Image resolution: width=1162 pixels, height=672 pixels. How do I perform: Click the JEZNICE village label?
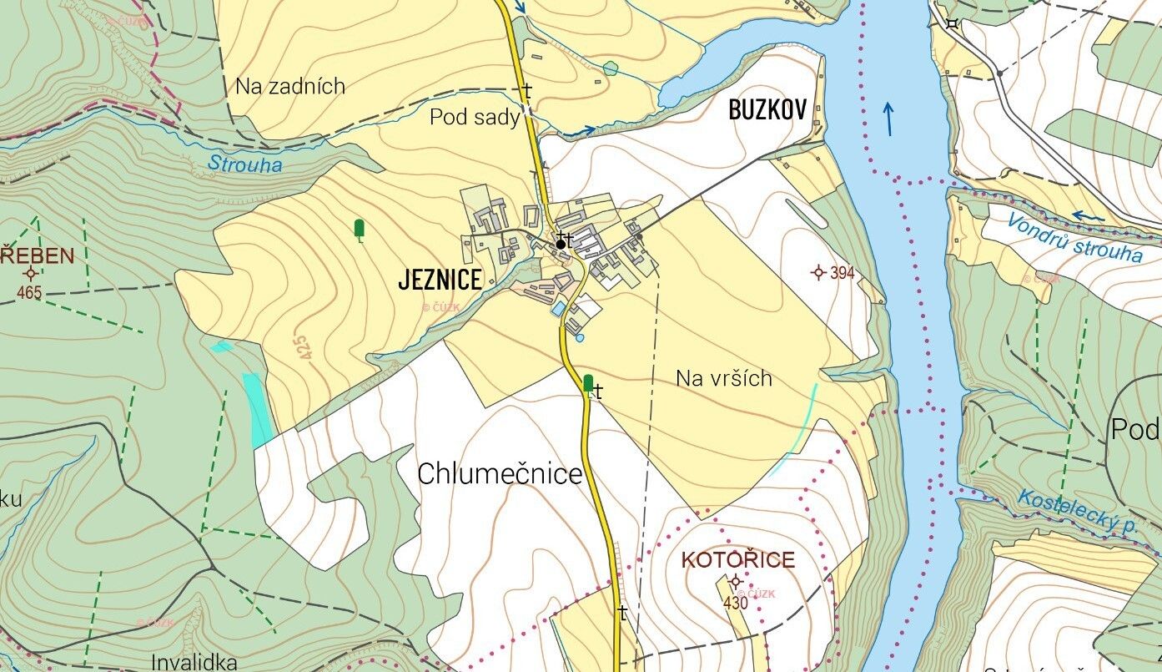click(440, 280)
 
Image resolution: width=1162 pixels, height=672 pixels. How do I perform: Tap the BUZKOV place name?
click(767, 110)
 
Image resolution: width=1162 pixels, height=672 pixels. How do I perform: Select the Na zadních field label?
click(289, 86)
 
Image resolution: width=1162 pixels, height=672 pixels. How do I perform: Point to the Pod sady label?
click(474, 118)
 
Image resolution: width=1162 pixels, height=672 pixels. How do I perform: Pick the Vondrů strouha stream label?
click(1074, 237)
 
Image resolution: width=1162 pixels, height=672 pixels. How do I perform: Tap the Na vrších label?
click(723, 378)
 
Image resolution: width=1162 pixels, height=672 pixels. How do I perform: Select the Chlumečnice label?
click(499, 474)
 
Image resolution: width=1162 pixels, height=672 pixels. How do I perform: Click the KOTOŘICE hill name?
click(737, 559)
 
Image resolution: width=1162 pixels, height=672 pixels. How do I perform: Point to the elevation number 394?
click(842, 273)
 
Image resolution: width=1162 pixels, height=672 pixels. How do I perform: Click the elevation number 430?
click(735, 603)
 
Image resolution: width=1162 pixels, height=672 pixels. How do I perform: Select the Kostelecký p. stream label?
click(1078, 512)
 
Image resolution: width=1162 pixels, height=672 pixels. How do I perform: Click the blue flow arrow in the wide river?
click(888, 119)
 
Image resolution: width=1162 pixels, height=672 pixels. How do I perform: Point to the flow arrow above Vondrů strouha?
click(1087, 216)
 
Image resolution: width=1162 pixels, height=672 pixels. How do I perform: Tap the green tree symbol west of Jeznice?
click(360, 229)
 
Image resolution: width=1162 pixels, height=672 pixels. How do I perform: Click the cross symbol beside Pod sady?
click(526, 90)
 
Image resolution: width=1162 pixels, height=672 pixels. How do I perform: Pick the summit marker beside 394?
click(817, 272)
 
